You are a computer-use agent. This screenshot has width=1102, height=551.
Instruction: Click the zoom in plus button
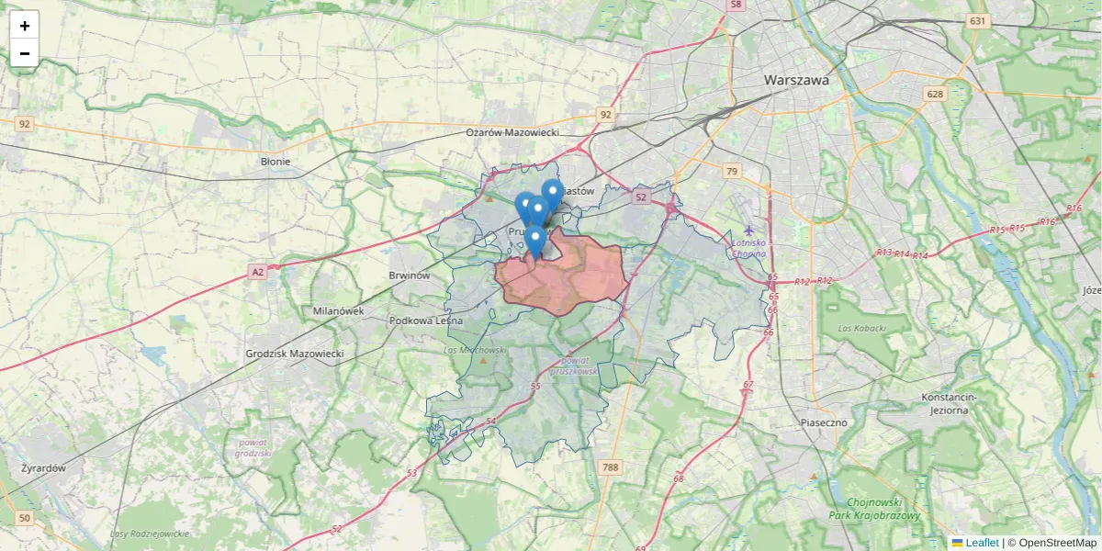pos(25,26)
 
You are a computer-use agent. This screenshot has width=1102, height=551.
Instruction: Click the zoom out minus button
pos(25,53)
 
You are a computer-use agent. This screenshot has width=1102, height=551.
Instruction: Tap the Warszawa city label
pos(796,80)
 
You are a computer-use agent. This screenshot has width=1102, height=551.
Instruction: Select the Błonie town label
pos(275,162)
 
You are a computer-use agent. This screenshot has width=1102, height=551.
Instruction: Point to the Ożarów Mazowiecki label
pos(512,133)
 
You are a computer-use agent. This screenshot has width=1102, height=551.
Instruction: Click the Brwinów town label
pos(410,275)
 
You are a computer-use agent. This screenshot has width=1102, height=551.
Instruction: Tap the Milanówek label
pos(338,310)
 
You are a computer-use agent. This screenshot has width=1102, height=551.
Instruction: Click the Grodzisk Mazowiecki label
pos(295,354)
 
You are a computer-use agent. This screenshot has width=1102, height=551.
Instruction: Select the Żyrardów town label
pos(44,467)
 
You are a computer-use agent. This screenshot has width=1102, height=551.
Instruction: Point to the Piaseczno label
pos(823,422)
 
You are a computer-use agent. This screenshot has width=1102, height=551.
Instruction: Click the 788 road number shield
pos(610,467)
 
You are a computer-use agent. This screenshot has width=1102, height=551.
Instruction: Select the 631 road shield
pos(977,21)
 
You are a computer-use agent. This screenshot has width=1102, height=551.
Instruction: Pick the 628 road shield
pos(935,95)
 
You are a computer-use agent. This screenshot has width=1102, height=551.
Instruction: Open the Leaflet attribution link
pos(982,543)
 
